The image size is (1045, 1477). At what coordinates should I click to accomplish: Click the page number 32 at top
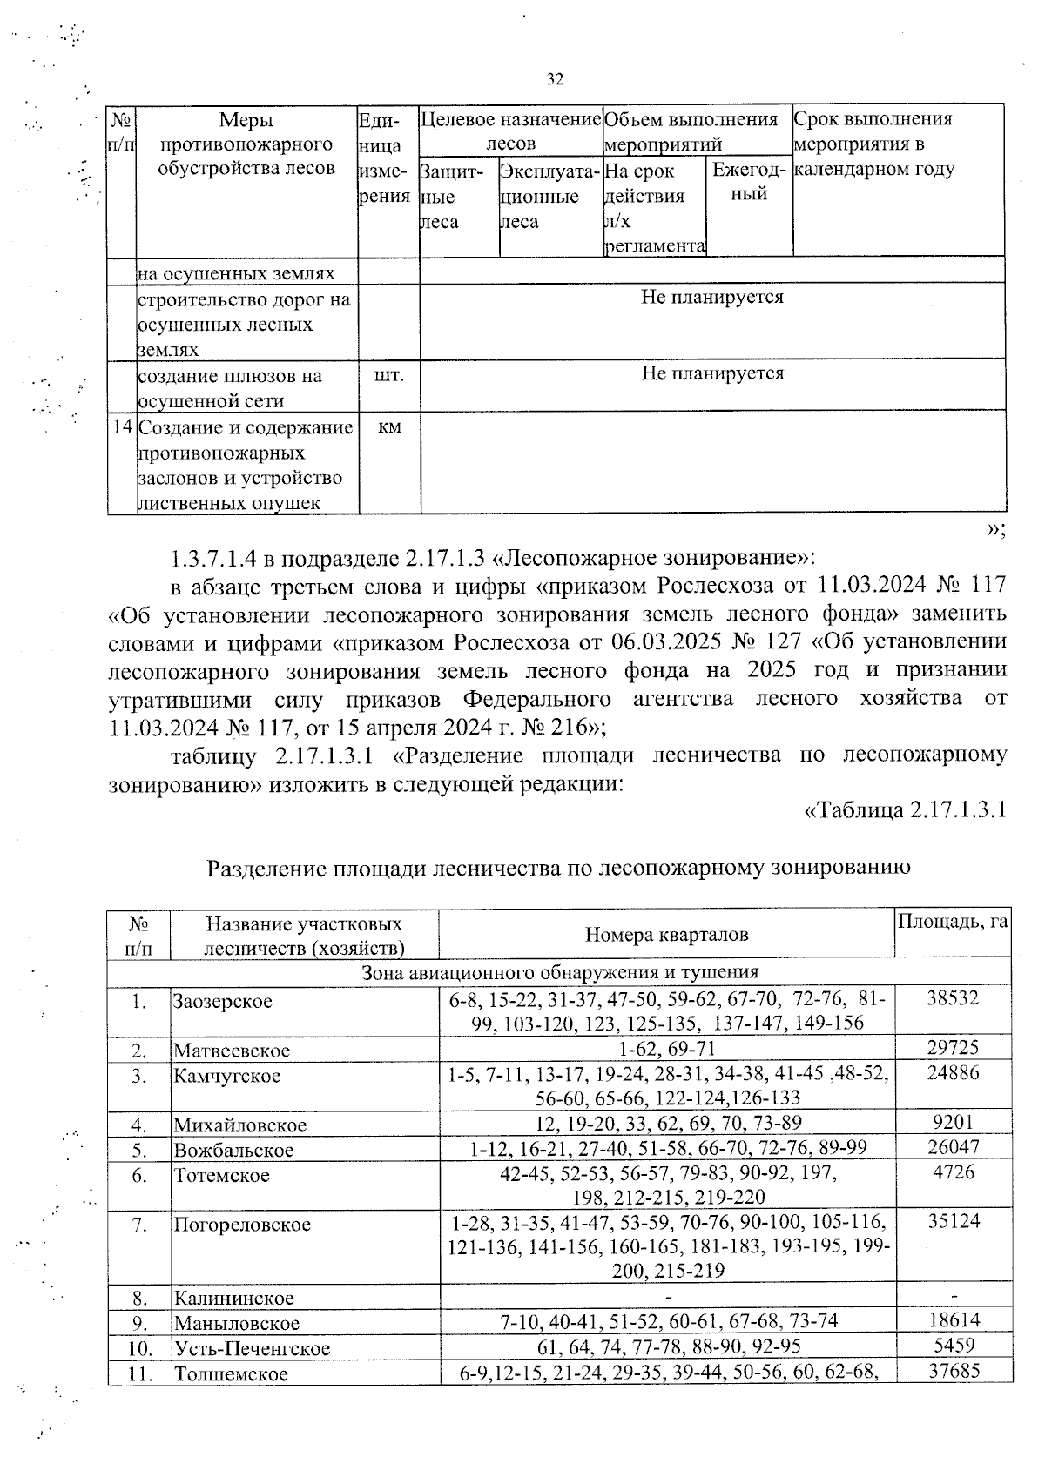pos(555,80)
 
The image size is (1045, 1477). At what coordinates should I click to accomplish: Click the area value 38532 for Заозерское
pos(953,998)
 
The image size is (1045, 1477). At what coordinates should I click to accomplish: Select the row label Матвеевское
pos(231,1050)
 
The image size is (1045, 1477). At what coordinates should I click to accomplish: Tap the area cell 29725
pos(953,1048)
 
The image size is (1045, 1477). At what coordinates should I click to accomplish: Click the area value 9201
pos(953,1123)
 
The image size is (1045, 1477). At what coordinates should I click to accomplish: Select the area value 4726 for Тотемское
pos(953,1172)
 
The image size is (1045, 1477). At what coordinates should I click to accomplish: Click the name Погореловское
pos(241,1225)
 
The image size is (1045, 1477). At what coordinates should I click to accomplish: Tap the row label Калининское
pos(233,1298)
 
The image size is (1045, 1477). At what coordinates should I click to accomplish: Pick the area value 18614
pos(953,1320)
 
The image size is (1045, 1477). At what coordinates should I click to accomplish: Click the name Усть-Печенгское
pos(252,1349)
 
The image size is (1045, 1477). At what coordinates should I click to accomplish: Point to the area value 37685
pos(953,1371)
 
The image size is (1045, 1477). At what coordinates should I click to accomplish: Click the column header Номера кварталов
pos(666,935)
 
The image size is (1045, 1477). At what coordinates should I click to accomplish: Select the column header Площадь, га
pos(953,921)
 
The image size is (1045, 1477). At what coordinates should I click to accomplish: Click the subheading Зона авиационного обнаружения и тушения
pos(559,972)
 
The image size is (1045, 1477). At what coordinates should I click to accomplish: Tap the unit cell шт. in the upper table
pos(389,374)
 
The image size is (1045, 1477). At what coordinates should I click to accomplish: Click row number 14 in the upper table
pos(123,427)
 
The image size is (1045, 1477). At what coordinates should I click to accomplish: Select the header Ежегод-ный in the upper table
pos(749,181)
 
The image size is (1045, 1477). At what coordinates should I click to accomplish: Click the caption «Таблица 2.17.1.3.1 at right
pos(904,810)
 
